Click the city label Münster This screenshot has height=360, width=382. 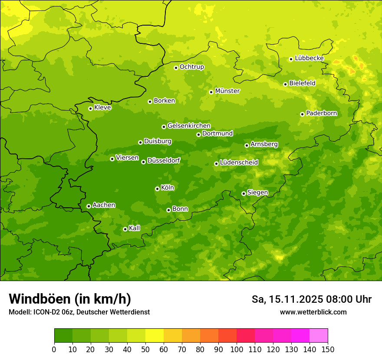(x=227, y=91)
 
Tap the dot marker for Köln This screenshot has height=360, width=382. (x=157, y=189)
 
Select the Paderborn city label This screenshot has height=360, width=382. (x=321, y=113)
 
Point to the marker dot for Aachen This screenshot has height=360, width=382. (x=89, y=206)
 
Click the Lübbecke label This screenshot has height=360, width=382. (x=309, y=58)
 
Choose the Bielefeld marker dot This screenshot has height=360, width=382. (x=285, y=84)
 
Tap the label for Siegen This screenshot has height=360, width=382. (x=257, y=193)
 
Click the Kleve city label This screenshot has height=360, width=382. (x=102, y=108)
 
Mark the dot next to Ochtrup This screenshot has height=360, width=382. (x=176, y=68)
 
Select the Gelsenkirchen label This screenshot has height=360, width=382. (x=189, y=126)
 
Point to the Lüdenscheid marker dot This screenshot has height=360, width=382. (x=216, y=164)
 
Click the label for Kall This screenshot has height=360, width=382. (x=135, y=228)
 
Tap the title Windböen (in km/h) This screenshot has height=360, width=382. (x=70, y=299)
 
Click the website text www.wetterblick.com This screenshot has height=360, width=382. (x=313, y=312)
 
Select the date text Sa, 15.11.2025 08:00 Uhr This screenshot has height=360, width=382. (x=311, y=299)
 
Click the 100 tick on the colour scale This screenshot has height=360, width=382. (x=237, y=349)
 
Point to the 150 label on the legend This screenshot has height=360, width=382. (x=328, y=349)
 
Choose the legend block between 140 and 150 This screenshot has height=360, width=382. (x=319, y=336)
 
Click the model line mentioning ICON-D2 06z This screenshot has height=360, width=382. (x=79, y=312)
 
